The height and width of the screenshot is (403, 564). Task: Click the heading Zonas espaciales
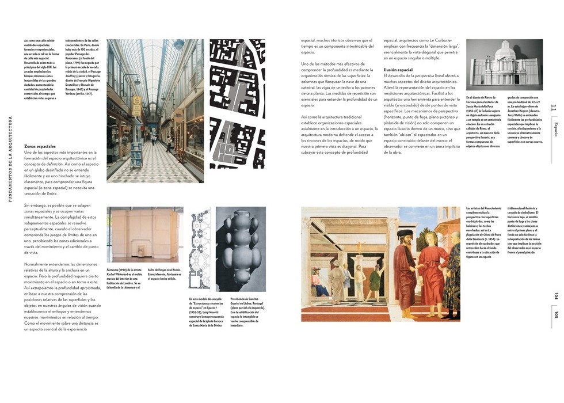(x=40, y=146)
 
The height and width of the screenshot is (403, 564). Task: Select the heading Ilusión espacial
(x=398, y=70)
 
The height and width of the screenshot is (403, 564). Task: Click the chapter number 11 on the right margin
(x=554, y=108)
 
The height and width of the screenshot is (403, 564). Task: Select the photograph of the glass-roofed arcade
(x=155, y=111)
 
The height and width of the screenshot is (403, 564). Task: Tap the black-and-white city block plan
(x=237, y=104)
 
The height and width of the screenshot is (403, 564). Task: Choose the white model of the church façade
(x=504, y=64)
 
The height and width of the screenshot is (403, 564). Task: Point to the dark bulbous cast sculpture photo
(x=241, y=249)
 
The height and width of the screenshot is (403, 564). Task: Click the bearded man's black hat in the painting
(x=405, y=235)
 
